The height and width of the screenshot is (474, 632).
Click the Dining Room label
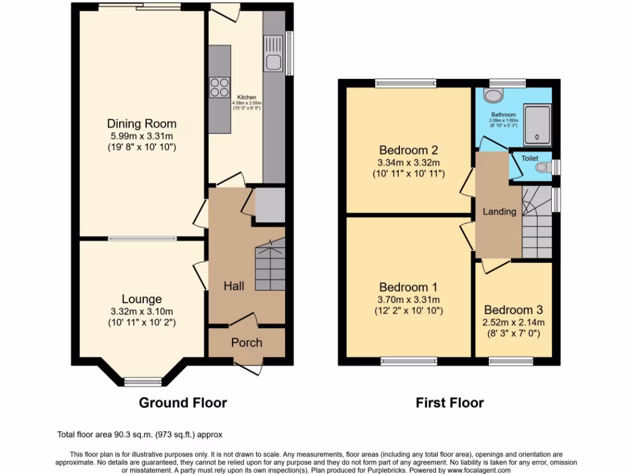[x=142, y=123]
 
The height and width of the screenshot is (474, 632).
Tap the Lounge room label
[x=142, y=299]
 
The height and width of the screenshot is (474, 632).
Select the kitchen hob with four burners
[x=218, y=86]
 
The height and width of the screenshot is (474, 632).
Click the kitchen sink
[x=272, y=53]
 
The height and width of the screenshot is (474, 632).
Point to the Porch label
[x=246, y=343]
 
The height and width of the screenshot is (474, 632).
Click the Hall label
[x=234, y=286]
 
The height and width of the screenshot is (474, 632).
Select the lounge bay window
[x=143, y=380]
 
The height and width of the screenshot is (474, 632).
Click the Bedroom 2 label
[x=408, y=150]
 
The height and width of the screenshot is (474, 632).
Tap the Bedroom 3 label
[x=513, y=310]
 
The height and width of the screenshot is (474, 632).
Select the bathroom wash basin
[x=493, y=95]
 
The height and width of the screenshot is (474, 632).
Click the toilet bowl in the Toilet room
[x=542, y=167]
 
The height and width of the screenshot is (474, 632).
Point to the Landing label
[x=499, y=212]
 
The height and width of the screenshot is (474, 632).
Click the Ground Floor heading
[x=183, y=403]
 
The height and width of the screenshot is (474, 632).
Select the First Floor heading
[x=449, y=403]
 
